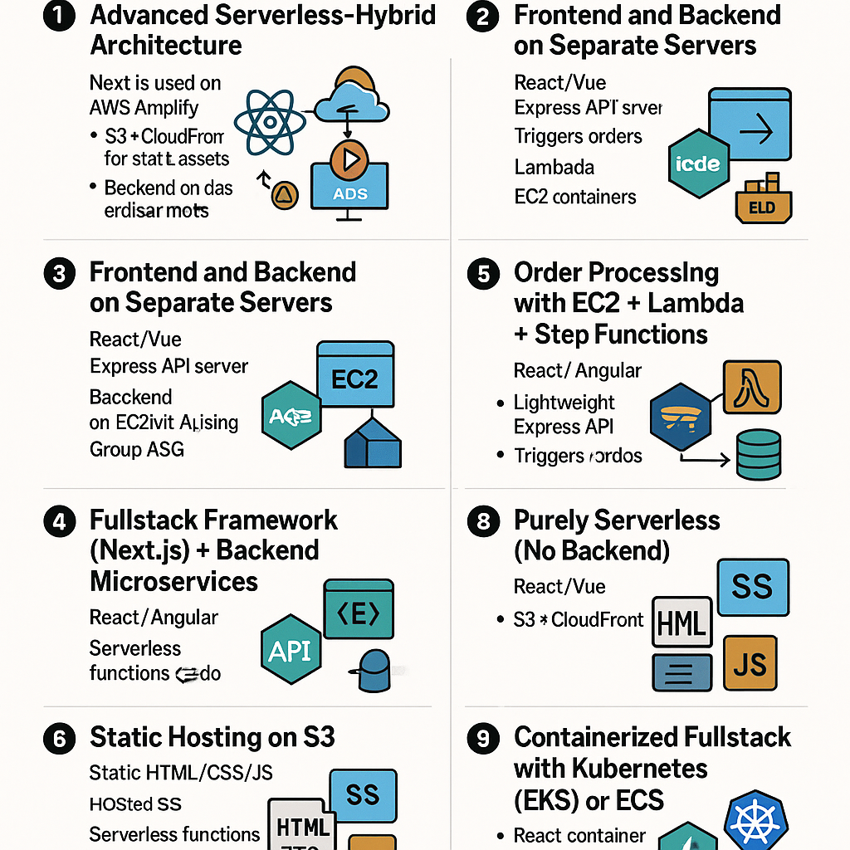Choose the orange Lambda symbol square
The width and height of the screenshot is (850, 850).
(751, 388)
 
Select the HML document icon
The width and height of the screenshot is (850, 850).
(682, 623)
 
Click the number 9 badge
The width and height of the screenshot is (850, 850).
(484, 738)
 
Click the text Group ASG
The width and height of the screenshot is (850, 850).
(137, 450)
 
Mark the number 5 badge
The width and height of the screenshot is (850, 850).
(484, 274)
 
